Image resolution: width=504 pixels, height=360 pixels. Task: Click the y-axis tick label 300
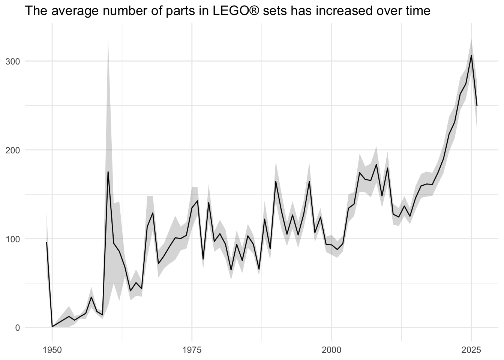tap(13, 61)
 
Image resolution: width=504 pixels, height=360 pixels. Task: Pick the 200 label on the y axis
tap(13, 150)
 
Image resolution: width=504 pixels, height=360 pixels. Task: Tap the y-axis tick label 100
tap(13, 239)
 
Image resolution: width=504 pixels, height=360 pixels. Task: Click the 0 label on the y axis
tap(18, 328)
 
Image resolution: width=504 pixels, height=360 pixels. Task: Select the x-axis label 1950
tap(52, 350)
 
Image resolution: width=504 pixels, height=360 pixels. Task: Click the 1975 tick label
tap(192, 350)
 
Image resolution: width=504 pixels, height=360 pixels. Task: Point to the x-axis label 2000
tap(331, 350)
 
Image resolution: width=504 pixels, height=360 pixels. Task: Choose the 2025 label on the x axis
tap(471, 350)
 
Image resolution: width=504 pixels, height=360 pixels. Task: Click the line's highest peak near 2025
tap(471, 55)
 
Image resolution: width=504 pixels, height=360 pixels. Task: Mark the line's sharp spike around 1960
tap(108, 172)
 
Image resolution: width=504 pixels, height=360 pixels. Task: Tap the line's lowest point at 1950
tap(52, 327)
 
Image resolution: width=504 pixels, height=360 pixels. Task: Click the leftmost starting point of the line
tap(46, 242)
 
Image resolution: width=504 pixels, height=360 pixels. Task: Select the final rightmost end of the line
tap(477, 105)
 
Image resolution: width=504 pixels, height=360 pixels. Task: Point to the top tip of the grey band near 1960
tap(108, 37)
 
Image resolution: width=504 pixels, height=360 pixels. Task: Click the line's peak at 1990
tap(276, 181)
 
